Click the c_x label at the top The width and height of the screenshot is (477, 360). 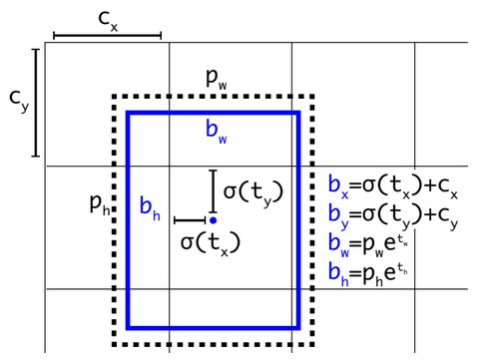click(108, 19)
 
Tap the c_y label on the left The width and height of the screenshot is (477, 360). click(18, 99)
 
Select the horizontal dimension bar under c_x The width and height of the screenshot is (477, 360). click(108, 36)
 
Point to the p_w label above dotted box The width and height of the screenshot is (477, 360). click(217, 77)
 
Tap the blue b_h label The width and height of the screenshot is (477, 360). click(150, 208)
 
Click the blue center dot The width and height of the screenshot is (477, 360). click(213, 219)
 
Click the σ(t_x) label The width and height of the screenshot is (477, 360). click(211, 242)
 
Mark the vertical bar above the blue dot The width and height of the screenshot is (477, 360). click(213, 187)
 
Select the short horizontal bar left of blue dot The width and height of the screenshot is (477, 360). click(190, 220)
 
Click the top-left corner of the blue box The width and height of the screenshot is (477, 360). click(128, 114)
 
